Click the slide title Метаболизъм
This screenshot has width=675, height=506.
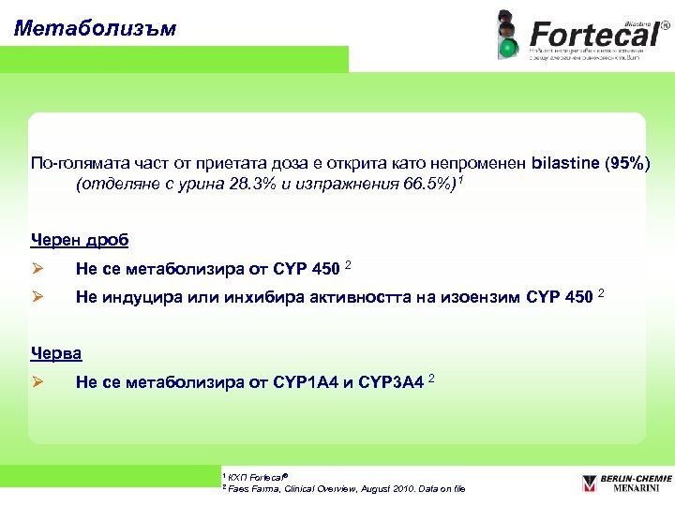(95, 28)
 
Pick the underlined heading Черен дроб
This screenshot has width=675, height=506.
(79, 240)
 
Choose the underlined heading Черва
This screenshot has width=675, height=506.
(56, 354)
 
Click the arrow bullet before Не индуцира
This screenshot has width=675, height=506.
(39, 298)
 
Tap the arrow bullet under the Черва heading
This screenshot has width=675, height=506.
(39, 382)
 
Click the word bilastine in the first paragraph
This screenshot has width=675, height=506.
(532, 163)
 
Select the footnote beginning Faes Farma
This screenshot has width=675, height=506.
(347, 489)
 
